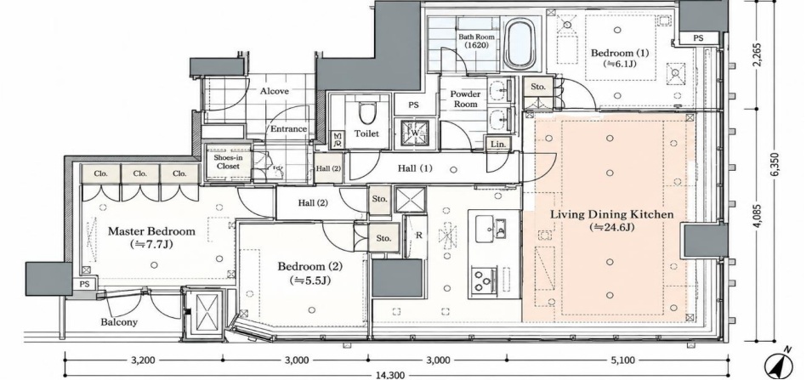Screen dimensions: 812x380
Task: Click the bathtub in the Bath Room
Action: tap(521, 43)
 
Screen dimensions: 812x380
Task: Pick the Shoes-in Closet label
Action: tap(229, 162)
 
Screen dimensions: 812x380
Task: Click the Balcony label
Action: tap(119, 322)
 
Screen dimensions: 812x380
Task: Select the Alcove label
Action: tap(275, 91)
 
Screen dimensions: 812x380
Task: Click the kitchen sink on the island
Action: tap(488, 229)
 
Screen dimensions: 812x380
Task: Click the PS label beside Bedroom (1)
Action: tap(699, 38)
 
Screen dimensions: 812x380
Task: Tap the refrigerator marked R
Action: tap(418, 235)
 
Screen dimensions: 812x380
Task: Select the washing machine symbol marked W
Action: tap(415, 133)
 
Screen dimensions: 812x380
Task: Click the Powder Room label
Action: tap(465, 99)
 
